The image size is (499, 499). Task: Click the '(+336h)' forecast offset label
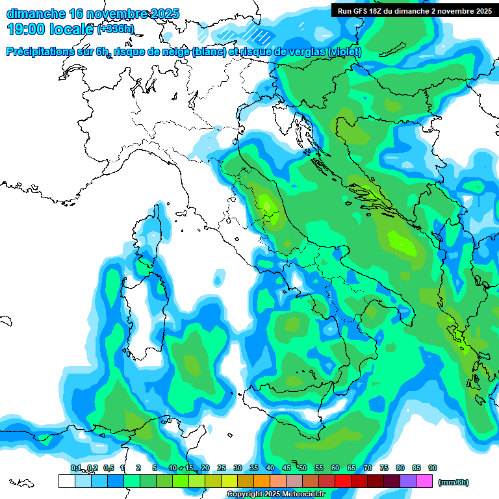click(116, 29)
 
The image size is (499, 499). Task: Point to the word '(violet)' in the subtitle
click(344, 52)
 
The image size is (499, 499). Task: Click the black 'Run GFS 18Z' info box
click(415, 10)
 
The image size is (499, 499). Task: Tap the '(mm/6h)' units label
click(454, 482)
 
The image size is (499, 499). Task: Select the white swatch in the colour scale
click(66, 481)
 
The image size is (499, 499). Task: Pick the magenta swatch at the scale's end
click(425, 481)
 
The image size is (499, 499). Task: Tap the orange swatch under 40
click(262, 481)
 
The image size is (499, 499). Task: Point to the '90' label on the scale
click(433, 468)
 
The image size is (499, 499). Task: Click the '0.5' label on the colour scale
click(108, 468)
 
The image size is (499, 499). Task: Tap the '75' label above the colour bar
click(384, 468)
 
